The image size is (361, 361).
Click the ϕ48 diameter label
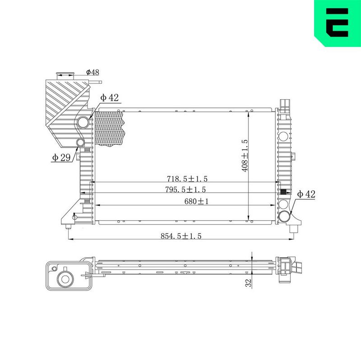pyautogui.click(x=93, y=72)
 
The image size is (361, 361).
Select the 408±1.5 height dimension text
pyautogui.click(x=245, y=156)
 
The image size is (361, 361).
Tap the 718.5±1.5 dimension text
pyautogui.click(x=187, y=179)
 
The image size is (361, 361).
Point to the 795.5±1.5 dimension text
pyautogui.click(x=185, y=190)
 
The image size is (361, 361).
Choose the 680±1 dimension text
pyautogui.click(x=196, y=201)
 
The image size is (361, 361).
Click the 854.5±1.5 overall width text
pyautogui.click(x=181, y=236)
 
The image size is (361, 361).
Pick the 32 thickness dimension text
pyautogui.click(x=248, y=283)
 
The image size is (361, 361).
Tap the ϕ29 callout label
pyautogui.click(x=61, y=157)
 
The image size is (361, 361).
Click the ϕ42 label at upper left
pyautogui.click(x=109, y=97)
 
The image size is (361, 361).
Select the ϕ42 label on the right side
pyautogui.click(x=306, y=194)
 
